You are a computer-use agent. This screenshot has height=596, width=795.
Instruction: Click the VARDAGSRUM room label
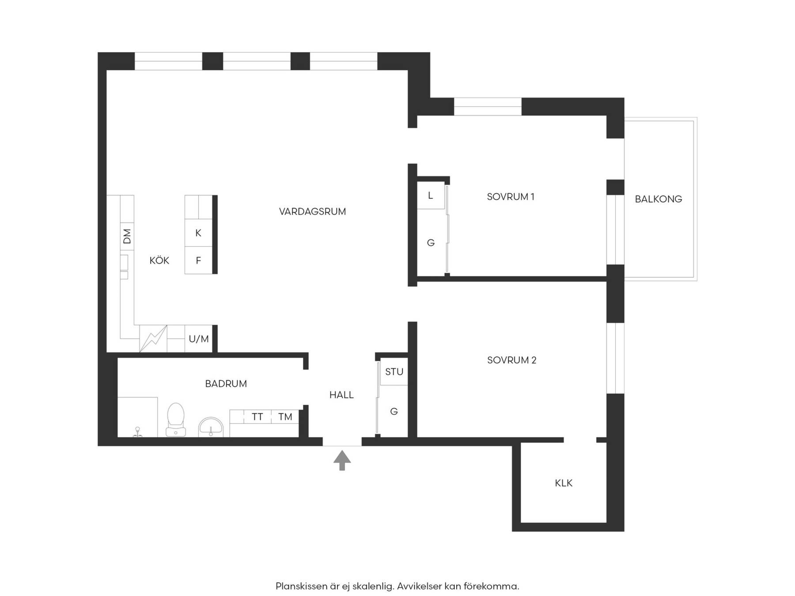(312, 211)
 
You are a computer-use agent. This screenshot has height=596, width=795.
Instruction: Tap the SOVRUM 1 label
(511, 197)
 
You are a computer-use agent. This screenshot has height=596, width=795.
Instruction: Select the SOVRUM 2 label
(511, 360)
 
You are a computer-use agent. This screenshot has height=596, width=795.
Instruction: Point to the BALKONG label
(658, 199)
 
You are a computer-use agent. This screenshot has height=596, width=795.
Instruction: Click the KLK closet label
(564, 483)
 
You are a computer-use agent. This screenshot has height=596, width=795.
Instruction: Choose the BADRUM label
(226, 384)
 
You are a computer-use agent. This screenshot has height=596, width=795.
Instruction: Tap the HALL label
(341, 395)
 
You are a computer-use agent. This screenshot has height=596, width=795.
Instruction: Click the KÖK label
(159, 260)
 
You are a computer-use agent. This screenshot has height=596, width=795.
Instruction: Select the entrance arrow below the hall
(342, 460)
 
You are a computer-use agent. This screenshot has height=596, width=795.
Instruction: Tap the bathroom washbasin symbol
(211, 427)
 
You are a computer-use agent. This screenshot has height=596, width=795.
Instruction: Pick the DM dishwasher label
(127, 236)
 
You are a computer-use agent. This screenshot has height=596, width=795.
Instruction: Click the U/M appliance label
(199, 339)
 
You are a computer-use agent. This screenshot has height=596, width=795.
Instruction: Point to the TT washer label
(257, 417)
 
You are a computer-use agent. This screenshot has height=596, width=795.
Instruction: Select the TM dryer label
(285, 417)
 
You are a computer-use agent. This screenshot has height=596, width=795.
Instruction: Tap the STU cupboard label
(394, 372)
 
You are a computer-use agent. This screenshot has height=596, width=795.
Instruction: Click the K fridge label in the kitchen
(198, 233)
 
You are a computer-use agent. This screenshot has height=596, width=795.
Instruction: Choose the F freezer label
(198, 260)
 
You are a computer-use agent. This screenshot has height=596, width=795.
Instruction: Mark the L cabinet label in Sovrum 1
(430, 195)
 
